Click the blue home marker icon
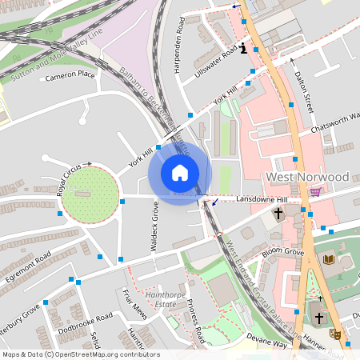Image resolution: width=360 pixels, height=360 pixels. (x=180, y=173)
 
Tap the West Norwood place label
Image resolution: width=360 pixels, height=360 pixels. (x=307, y=177)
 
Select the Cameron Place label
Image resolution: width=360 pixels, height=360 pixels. (x=70, y=76)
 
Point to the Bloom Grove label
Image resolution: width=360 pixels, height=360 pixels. (x=282, y=252)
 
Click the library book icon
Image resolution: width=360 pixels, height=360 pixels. (x=329, y=259)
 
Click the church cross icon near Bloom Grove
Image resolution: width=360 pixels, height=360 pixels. (x=278, y=214)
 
